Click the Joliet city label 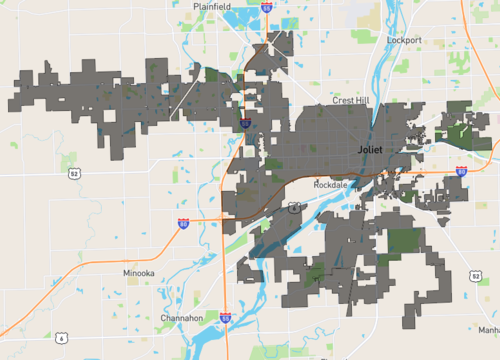tap(371, 149)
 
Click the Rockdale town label tap(329, 186)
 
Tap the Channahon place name tap(182, 318)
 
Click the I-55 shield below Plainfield tap(266, 7)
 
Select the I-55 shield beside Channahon tap(226, 318)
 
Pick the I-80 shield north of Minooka tap(184, 223)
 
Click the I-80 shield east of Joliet tap(461, 171)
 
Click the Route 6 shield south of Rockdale tap(292, 207)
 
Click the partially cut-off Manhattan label tap(488, 329)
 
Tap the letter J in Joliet tap(359, 149)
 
